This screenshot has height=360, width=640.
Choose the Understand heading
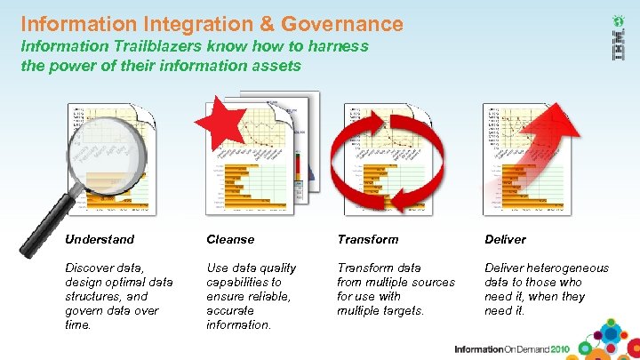pos(100,239)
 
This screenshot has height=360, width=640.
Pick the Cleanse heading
pos(230,239)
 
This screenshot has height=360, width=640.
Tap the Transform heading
pos(368,239)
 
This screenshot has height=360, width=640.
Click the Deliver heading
pos(505,239)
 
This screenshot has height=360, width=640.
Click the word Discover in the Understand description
pos(90,268)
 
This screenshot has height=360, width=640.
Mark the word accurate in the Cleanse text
pos(230,310)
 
